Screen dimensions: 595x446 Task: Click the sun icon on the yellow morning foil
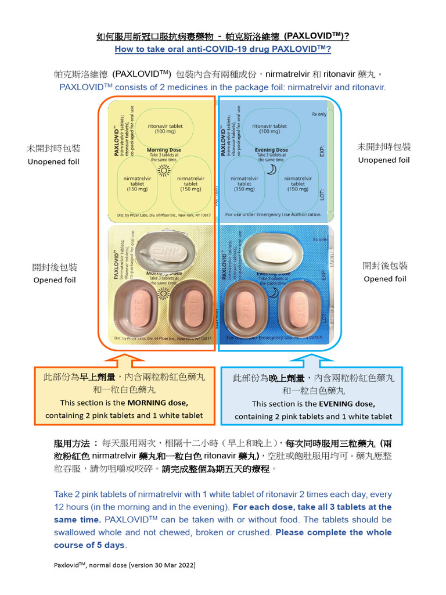[x=164, y=170]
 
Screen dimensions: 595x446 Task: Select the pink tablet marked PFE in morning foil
[x=138, y=307]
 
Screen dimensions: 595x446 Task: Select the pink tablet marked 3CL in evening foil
[x=300, y=307]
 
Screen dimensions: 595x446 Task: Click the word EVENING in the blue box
[x=347, y=403]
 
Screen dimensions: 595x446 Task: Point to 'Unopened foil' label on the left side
[x=53, y=162]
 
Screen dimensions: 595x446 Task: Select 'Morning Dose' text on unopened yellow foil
[x=165, y=150]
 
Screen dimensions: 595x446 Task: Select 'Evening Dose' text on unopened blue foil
[x=272, y=150]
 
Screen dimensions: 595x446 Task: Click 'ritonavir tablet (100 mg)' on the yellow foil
[x=165, y=128]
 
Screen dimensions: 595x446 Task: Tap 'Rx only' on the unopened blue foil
[x=319, y=114]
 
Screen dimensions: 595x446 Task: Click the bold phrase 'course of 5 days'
[x=89, y=545]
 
